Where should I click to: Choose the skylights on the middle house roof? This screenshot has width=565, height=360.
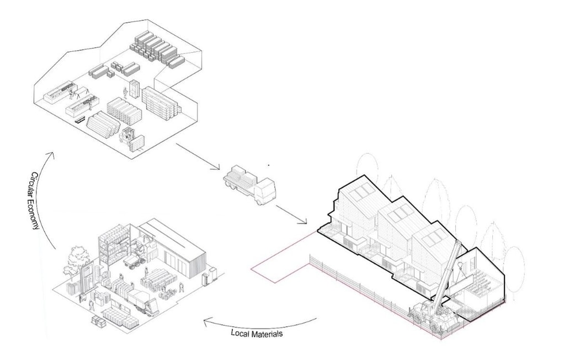(x=398, y=214)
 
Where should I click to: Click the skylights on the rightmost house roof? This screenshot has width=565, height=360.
(x=433, y=238)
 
